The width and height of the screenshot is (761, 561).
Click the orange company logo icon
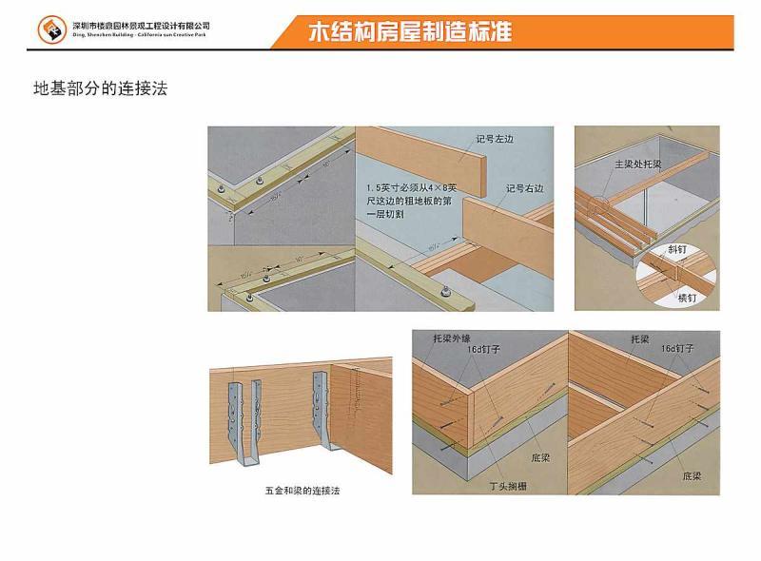click(x=49, y=29)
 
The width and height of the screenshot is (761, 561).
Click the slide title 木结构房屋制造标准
click(x=411, y=32)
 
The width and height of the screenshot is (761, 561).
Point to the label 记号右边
click(x=525, y=187)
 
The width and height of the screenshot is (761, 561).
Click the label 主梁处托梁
click(x=638, y=164)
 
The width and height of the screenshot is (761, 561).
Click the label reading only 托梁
click(x=639, y=338)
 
